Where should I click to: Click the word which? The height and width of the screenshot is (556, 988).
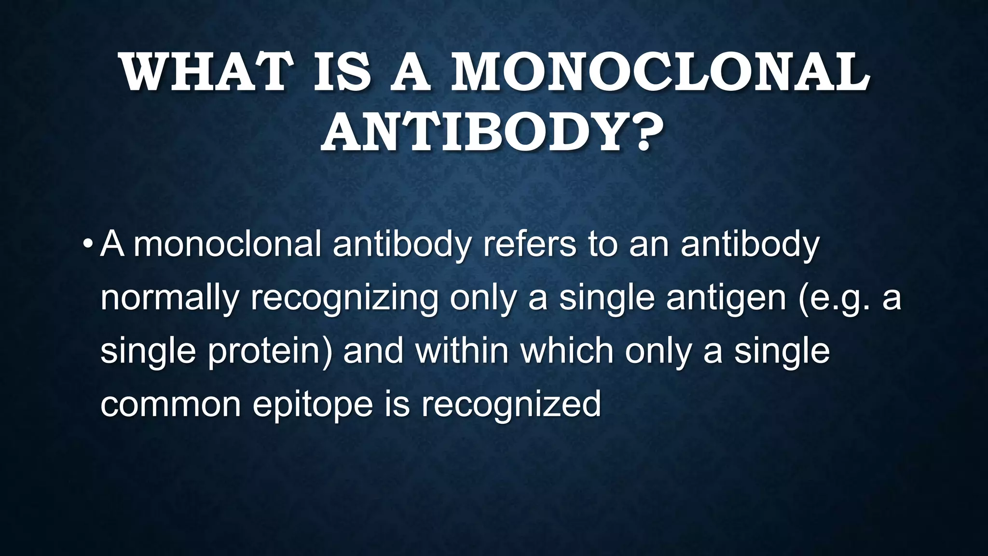coord(567,350)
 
